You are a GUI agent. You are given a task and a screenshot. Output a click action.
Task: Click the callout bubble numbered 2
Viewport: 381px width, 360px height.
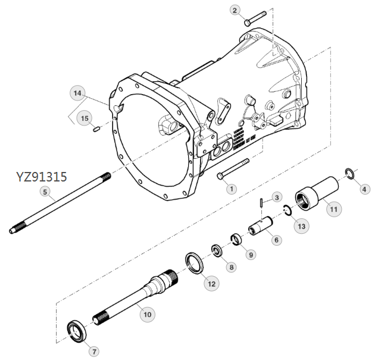click(236, 10)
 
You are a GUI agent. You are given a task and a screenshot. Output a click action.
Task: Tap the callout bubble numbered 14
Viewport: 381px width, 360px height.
click(77, 93)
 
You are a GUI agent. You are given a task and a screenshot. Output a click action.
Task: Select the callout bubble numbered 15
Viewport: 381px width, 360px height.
click(85, 118)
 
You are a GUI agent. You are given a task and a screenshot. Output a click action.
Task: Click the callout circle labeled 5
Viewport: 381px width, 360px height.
click(44, 191)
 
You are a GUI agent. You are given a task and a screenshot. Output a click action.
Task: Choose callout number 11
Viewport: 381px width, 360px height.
click(333, 209)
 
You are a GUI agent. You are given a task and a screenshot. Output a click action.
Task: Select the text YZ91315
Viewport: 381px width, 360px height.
click(42, 177)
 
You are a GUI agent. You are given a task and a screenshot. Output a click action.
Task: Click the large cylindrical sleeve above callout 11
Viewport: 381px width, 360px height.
click(316, 189)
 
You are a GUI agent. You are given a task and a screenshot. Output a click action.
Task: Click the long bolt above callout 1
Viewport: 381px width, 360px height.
click(233, 168)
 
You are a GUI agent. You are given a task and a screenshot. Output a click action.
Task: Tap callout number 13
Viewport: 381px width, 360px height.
click(302, 226)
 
